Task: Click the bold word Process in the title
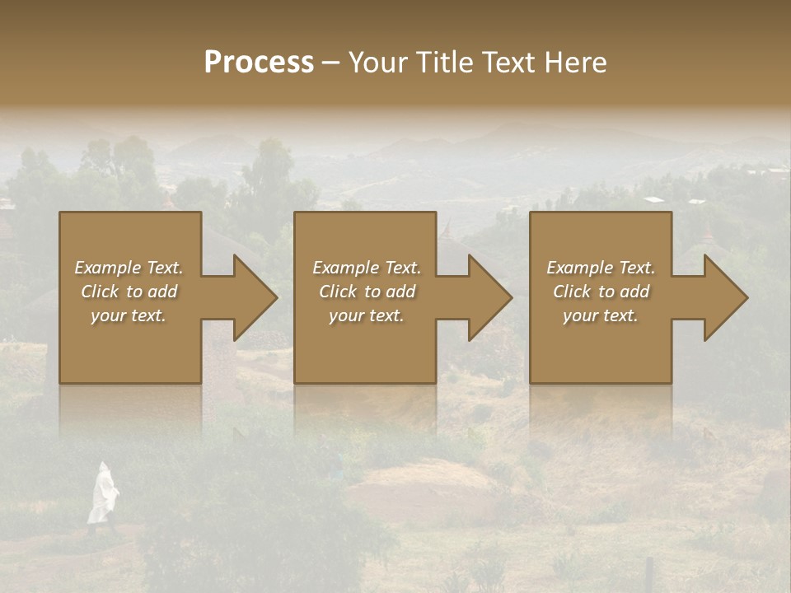pos(259,63)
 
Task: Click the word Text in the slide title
pos(509,63)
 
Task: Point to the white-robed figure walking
pos(102,494)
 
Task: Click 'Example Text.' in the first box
pos(129,268)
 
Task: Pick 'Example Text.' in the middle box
pos(367,268)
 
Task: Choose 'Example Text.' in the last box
pos(601,268)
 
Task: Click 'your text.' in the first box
pos(129,315)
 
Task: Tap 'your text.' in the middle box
pos(366,315)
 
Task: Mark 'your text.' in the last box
pos(600,315)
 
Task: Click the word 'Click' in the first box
pos(100,292)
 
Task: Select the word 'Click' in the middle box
pos(338,292)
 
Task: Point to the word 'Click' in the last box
pos(572,292)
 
